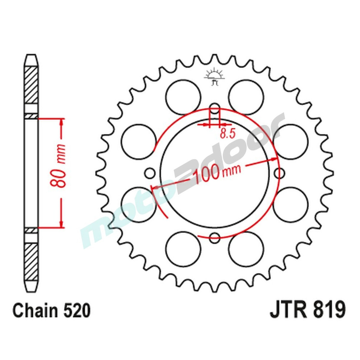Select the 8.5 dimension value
click(227, 134)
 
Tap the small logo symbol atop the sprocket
click(215, 76)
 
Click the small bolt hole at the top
click(215, 110)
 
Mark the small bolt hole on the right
click(279, 174)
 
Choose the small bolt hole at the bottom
click(215, 237)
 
